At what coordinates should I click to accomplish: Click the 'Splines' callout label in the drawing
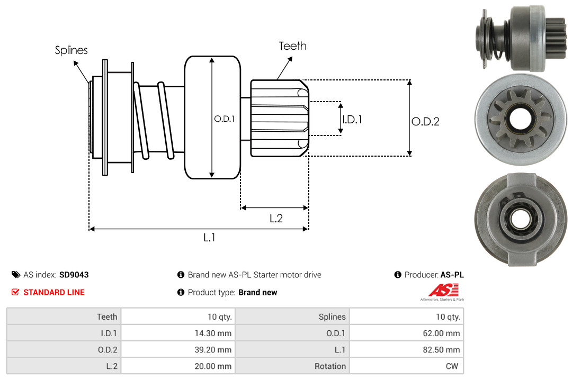[x=71, y=50]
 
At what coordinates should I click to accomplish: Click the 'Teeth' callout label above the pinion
[x=292, y=46]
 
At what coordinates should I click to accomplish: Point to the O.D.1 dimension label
[x=224, y=119]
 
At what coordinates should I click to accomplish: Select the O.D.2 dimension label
[x=425, y=121]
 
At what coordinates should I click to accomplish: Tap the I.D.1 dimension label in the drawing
[x=352, y=120]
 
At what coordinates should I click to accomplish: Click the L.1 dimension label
[x=209, y=238]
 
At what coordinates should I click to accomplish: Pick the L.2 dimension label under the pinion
[x=276, y=218]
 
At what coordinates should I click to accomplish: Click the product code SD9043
[x=74, y=275]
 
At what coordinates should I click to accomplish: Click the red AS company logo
[x=443, y=291]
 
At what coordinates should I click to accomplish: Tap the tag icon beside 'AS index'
[x=16, y=275]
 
